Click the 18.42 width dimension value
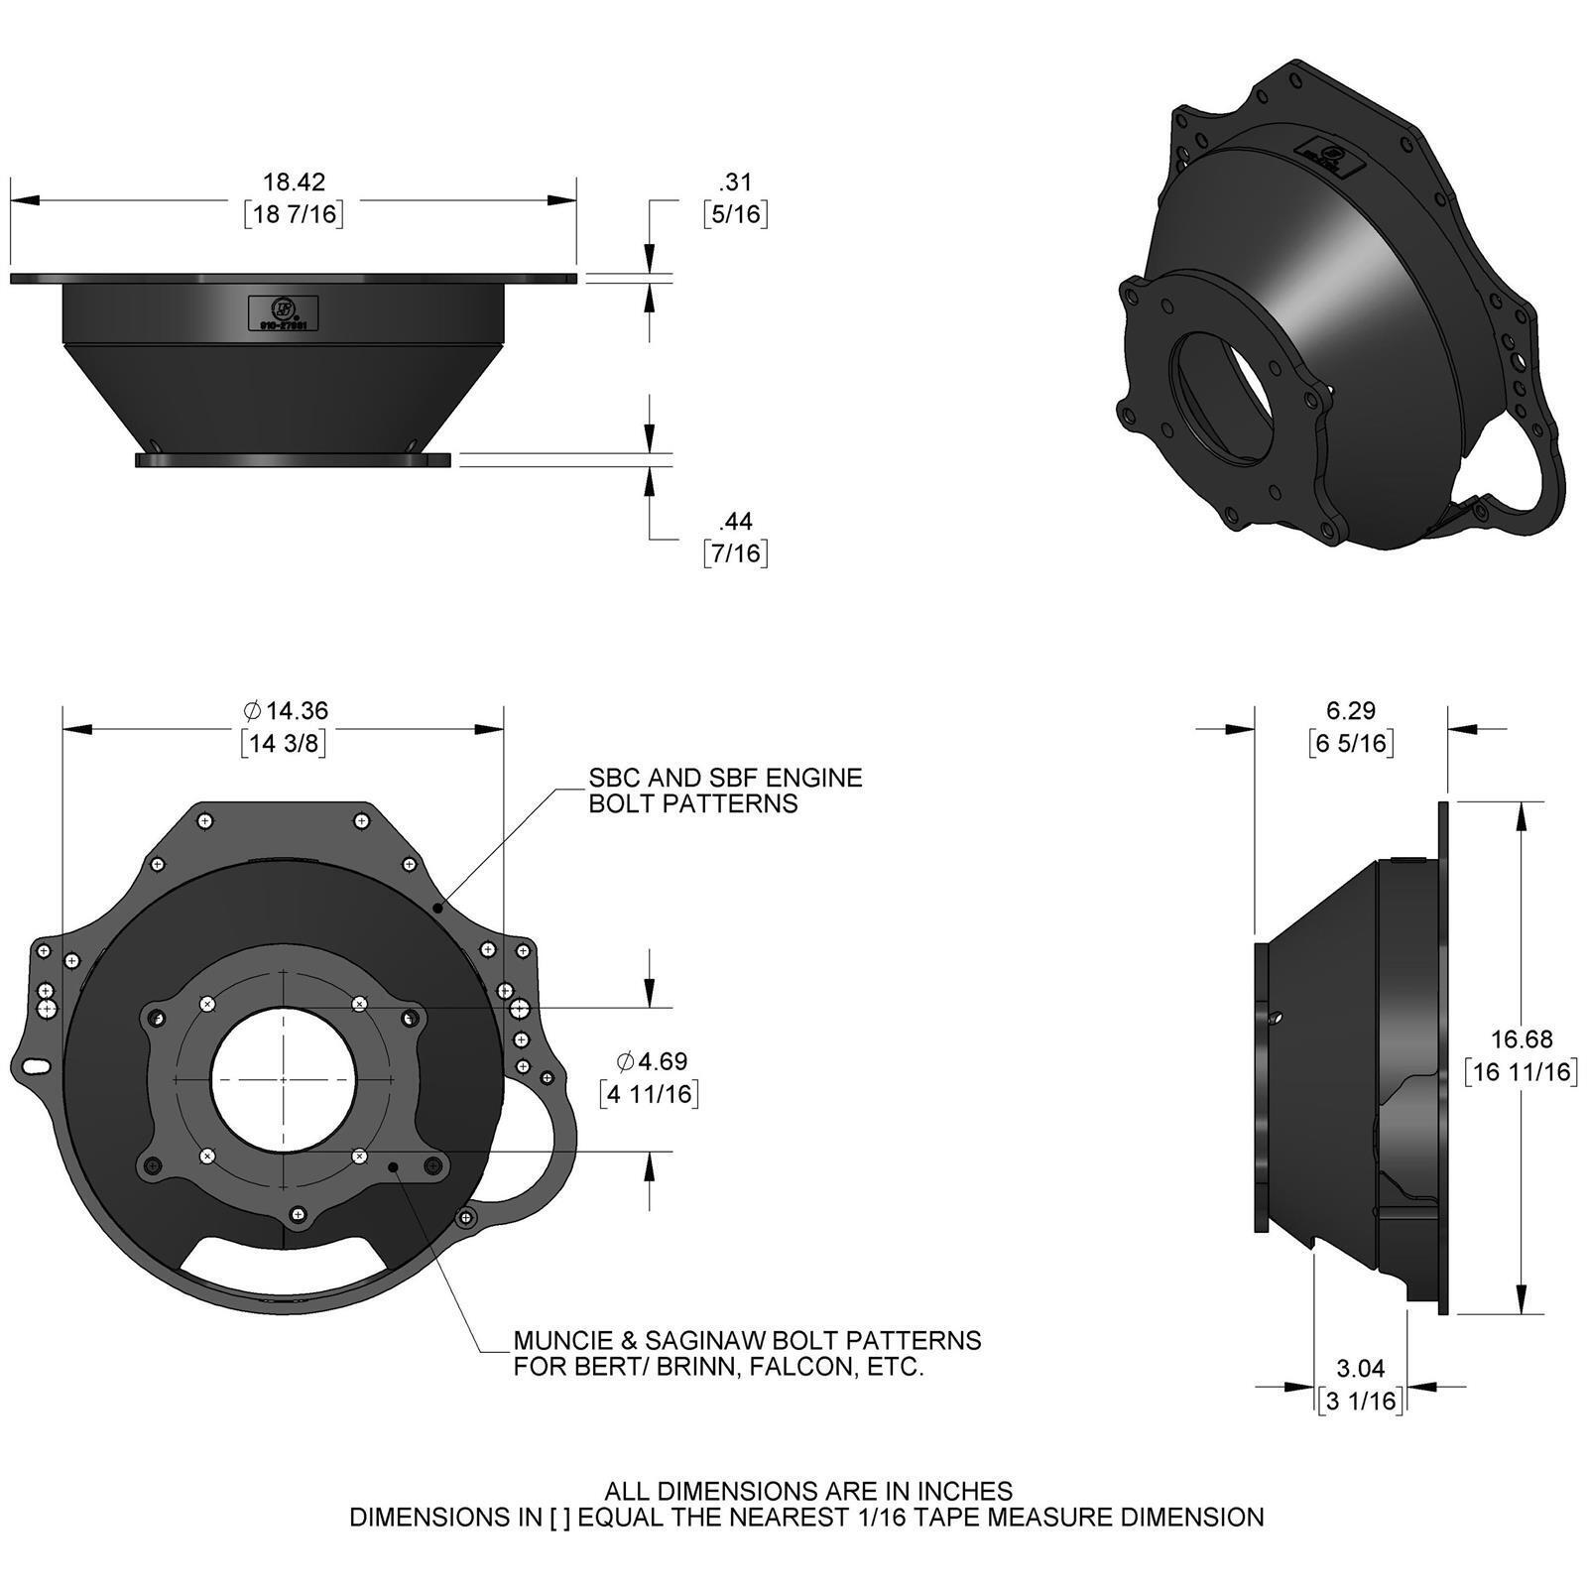point(294,182)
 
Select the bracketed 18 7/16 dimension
point(294,214)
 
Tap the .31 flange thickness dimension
point(735,182)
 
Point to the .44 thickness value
point(735,521)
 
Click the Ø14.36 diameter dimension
point(285,710)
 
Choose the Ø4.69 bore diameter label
point(651,1061)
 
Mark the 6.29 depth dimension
point(1351,710)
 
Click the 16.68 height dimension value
point(1522,1038)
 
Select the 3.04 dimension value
point(1360,1368)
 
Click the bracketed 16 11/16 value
point(1522,1071)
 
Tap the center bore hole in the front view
point(284,1079)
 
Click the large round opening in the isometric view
point(1224,394)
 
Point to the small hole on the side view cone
point(1278,1017)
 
